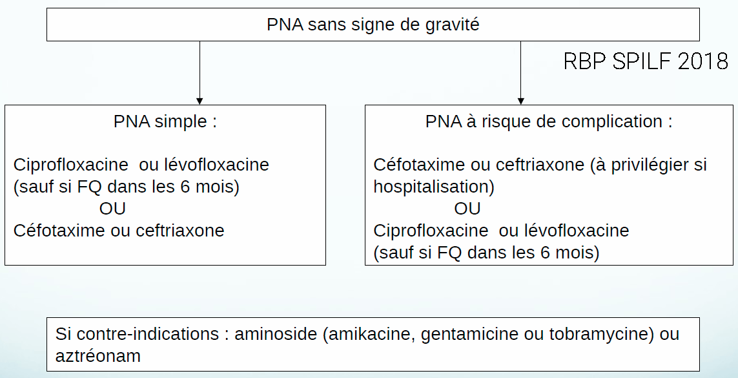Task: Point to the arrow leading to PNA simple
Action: [200, 72]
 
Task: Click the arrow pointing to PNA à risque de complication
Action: [520, 72]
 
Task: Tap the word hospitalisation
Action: [433, 187]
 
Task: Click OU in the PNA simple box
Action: [112, 209]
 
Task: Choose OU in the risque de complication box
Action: [467, 209]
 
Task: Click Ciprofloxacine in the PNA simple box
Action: [70, 165]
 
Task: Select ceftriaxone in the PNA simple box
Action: [179, 231]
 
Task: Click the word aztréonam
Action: [98, 356]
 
